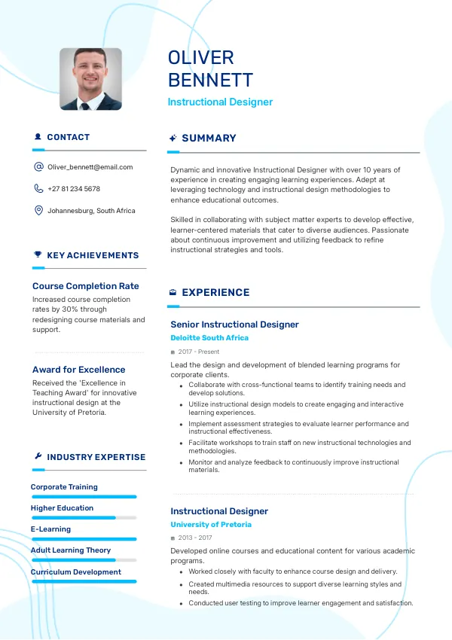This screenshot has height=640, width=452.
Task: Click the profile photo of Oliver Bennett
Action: pyautogui.click(x=90, y=79)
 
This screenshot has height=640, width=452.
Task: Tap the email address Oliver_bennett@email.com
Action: pyautogui.click(x=90, y=167)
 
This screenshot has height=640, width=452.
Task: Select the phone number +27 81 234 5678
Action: pyautogui.click(x=74, y=189)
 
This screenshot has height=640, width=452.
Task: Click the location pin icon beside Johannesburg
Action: pyautogui.click(x=38, y=211)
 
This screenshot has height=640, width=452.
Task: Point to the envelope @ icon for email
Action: pyautogui.click(x=38, y=167)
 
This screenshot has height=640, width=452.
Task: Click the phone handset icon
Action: pyautogui.click(x=38, y=189)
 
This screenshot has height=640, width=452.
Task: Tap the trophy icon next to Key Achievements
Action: pyautogui.click(x=38, y=255)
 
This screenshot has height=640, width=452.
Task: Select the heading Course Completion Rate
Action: pyautogui.click(x=86, y=286)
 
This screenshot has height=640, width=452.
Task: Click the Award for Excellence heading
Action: pyautogui.click(x=78, y=370)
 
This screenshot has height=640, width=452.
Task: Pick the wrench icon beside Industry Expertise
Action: pyautogui.click(x=38, y=457)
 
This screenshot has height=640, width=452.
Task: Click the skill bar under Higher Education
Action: pyautogui.click(x=84, y=518)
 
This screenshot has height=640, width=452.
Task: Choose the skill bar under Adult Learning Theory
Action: pyautogui.click(x=84, y=560)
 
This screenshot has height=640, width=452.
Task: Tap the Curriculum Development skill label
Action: pyautogui.click(x=76, y=572)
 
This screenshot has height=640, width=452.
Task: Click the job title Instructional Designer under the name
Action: pyautogui.click(x=220, y=102)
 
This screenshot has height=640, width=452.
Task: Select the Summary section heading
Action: pyautogui.click(x=209, y=139)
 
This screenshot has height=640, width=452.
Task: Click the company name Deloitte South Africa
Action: pyautogui.click(x=209, y=338)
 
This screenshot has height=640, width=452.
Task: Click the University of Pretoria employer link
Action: pyautogui.click(x=211, y=525)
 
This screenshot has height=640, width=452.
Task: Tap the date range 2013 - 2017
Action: pyautogui.click(x=195, y=538)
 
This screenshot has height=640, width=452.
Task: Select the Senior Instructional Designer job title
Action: pyautogui.click(x=234, y=325)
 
